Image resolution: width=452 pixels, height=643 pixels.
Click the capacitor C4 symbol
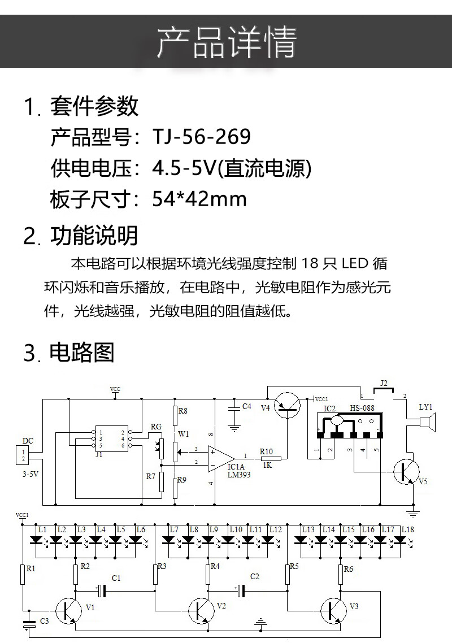pyautogui.click(x=232, y=408)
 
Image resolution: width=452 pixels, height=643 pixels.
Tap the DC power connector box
pyautogui.click(x=24, y=455)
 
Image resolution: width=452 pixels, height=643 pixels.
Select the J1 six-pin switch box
pyautogui.click(x=112, y=438)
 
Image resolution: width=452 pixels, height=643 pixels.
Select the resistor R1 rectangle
pyautogui.click(x=23, y=575)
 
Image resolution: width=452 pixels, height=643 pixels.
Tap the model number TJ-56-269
pyautogui.click(x=201, y=137)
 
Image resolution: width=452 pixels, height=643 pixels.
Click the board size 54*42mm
pyautogui.click(x=199, y=199)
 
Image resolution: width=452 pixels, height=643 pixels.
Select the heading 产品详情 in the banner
pyautogui.click(x=226, y=41)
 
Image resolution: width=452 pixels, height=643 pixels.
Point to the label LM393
pyautogui.click(x=239, y=475)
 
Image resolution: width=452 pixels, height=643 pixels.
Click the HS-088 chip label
pyautogui.click(x=362, y=408)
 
